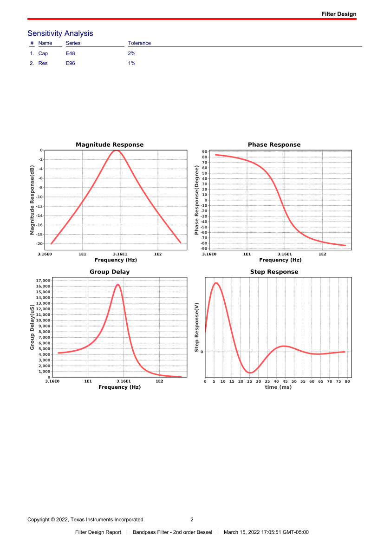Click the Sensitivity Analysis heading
60,33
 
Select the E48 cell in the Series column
71,53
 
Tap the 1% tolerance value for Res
131,63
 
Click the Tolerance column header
139,43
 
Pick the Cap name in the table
43,53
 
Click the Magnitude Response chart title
110,145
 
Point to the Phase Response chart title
274,145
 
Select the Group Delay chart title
110,272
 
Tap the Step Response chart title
274,272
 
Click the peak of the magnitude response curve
117,150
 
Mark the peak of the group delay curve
118,285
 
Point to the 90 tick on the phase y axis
205,152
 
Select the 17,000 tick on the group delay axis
43,281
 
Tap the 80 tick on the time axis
347,381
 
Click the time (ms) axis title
278,387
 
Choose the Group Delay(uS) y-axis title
32,327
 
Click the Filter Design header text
339,14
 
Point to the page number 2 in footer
192,519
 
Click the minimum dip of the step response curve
250,373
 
